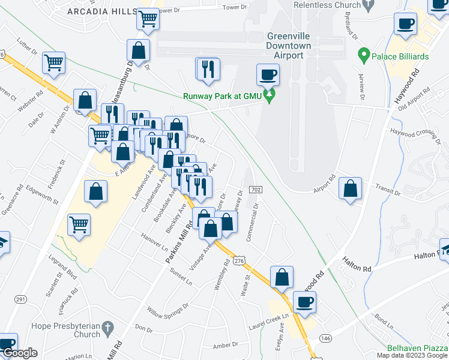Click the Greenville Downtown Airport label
pos(288,45)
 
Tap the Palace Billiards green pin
pos(363,56)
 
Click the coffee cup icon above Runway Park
pos(268,74)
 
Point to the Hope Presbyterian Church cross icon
pos(107,328)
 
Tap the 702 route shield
pos(255,190)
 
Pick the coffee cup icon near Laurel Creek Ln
pos(304,302)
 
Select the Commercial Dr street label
pos(253,220)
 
